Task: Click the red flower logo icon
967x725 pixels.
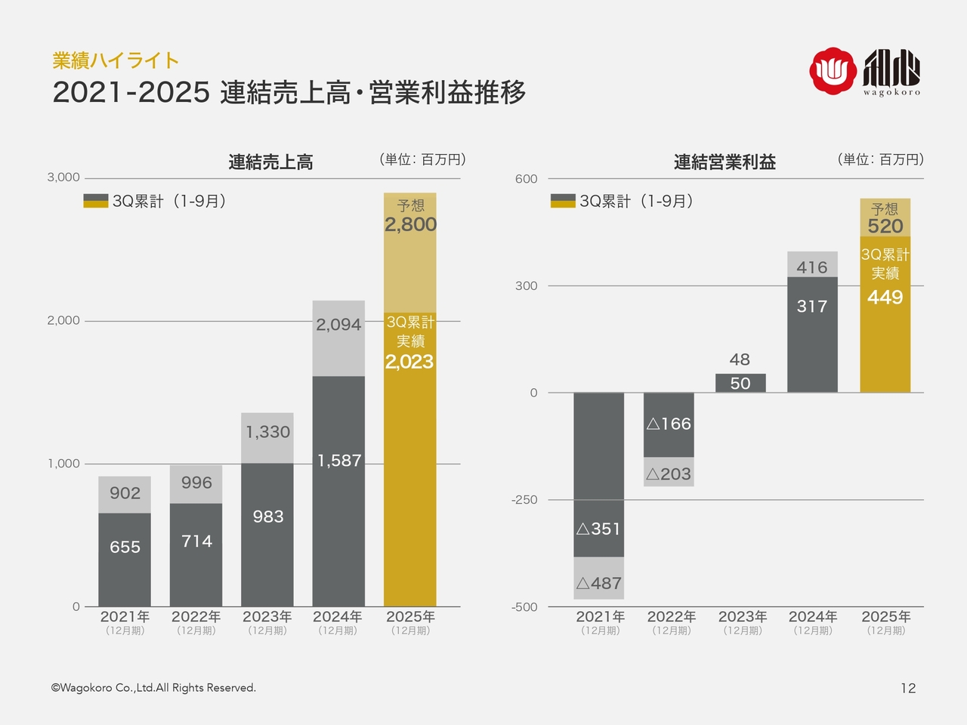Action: point(833,71)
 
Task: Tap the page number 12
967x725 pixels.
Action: point(908,688)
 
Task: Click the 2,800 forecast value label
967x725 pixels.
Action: point(410,224)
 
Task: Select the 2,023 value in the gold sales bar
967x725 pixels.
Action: point(409,362)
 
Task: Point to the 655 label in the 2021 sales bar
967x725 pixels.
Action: point(125,547)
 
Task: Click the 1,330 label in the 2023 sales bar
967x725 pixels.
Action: point(267,432)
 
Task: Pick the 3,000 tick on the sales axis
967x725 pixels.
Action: point(63,177)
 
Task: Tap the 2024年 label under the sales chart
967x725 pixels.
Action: point(338,617)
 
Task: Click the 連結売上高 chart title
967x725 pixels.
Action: point(270,162)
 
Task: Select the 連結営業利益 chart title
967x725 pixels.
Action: point(724,162)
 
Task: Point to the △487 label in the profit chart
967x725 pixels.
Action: point(598,583)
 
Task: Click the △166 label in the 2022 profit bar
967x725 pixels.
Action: point(669,424)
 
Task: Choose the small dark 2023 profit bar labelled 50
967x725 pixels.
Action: point(740,383)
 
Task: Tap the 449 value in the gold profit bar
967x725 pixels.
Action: point(885,297)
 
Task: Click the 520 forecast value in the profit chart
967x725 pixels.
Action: point(885,226)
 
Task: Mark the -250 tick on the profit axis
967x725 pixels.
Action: point(524,500)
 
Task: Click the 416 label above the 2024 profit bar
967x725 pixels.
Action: point(812,267)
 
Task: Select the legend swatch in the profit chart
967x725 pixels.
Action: point(563,201)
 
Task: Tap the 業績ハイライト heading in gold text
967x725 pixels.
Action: point(116,60)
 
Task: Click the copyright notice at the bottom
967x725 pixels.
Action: point(153,688)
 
